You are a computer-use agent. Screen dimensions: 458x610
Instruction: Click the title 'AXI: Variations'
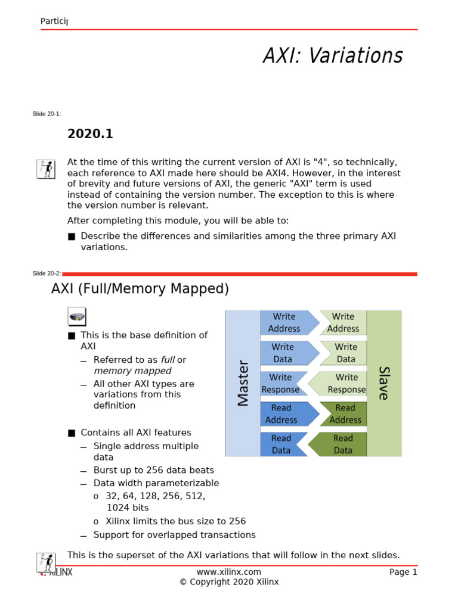(x=333, y=56)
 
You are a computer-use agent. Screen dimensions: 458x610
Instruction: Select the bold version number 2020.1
(x=90, y=134)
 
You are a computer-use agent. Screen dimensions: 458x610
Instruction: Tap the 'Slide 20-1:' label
(x=47, y=114)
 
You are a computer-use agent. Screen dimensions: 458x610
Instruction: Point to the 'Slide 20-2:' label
(x=47, y=273)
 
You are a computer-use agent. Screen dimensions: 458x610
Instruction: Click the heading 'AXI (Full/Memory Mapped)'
(x=140, y=289)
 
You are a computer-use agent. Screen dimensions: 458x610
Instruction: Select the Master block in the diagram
(x=243, y=383)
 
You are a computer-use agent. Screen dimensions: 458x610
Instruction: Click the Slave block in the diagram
(x=384, y=383)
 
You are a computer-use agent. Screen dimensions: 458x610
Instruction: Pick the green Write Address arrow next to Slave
(x=342, y=322)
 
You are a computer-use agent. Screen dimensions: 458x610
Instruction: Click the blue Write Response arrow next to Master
(x=282, y=383)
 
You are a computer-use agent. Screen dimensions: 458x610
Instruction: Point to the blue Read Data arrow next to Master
(x=282, y=444)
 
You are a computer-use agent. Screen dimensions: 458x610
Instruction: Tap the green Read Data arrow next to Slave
(x=341, y=444)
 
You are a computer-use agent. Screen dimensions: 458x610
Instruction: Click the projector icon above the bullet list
(x=76, y=316)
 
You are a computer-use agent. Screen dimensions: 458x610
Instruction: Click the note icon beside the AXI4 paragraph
(x=46, y=169)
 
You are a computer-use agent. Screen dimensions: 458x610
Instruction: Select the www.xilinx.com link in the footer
(x=229, y=572)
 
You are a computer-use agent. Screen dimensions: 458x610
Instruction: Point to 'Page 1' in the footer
(x=403, y=572)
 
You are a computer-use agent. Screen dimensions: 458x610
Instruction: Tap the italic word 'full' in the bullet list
(x=168, y=360)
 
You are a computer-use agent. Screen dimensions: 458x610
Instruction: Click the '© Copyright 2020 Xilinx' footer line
(x=229, y=582)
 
